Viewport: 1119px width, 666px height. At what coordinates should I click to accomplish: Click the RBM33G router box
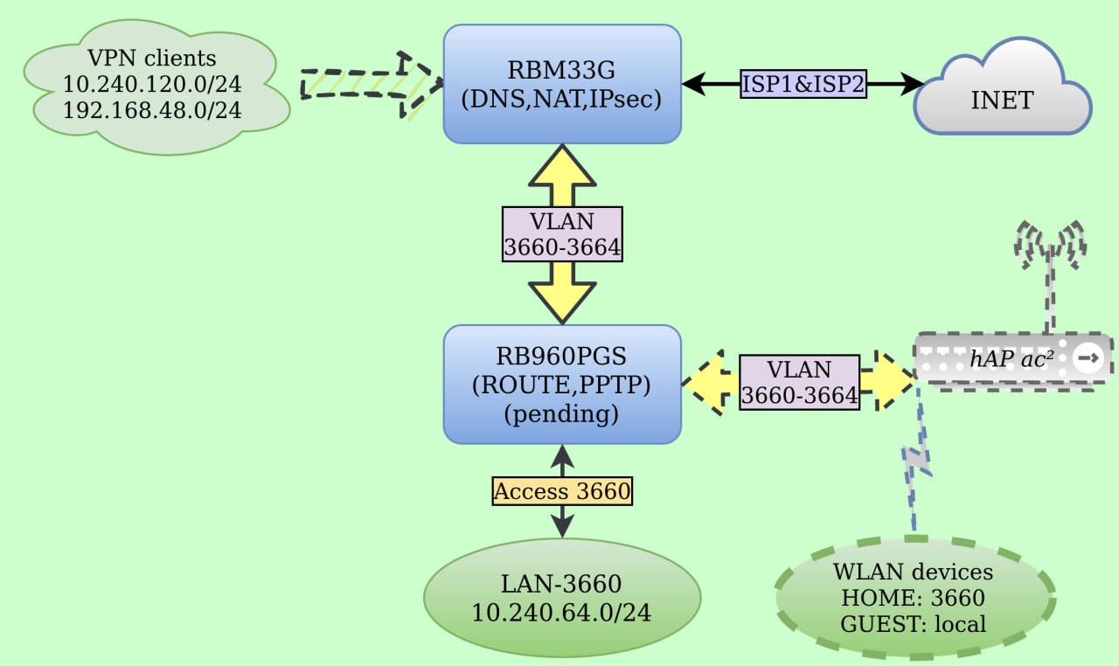click(561, 84)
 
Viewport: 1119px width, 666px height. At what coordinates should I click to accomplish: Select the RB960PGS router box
click(561, 385)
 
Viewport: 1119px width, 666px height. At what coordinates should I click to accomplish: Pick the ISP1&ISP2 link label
click(803, 84)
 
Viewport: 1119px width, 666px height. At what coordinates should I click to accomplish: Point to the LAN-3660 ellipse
click(561, 598)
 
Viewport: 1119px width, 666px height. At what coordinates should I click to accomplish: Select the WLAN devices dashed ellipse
click(914, 598)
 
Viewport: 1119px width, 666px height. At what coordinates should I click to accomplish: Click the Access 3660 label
click(561, 491)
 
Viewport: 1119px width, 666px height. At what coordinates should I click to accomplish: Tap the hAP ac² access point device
click(1005, 358)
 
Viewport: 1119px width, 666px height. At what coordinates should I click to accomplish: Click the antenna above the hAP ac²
click(1049, 262)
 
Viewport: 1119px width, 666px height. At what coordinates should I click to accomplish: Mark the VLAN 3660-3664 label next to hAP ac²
click(799, 382)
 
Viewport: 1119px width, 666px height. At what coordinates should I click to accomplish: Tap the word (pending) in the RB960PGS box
click(561, 413)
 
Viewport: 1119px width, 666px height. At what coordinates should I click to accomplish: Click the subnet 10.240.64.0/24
click(561, 612)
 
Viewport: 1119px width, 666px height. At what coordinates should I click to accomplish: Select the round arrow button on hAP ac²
click(1088, 358)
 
